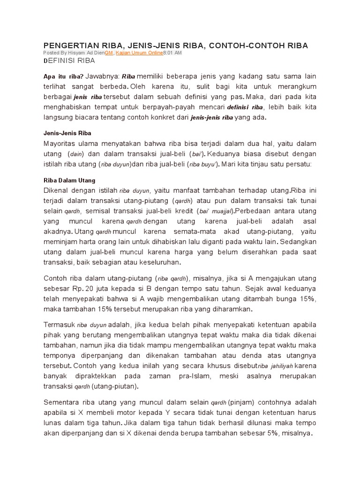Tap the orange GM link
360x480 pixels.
pos(109,53)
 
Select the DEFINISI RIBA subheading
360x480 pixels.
pos(69,61)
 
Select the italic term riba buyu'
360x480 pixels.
pos(203,165)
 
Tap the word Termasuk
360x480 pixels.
pos(60,324)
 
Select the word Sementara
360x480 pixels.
pos(63,402)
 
